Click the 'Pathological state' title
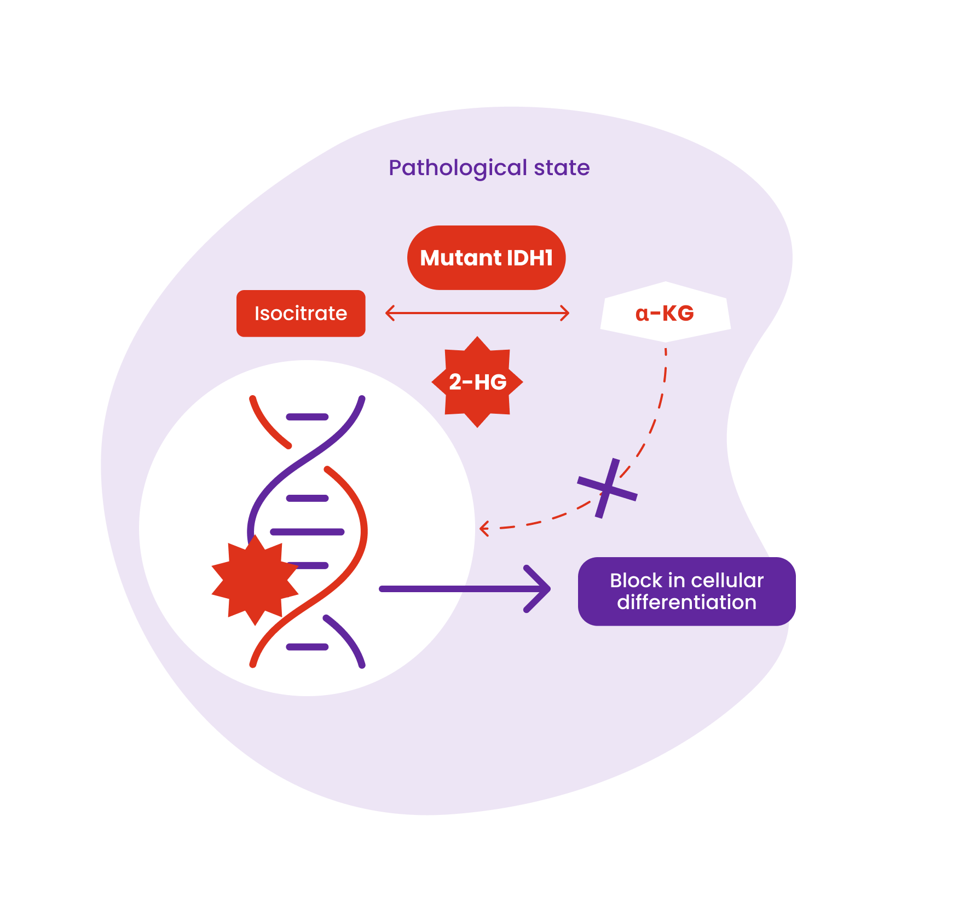pyautogui.click(x=489, y=167)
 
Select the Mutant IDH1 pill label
pyautogui.click(x=486, y=258)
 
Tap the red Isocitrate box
pyautogui.click(x=301, y=314)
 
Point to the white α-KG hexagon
pyautogui.click(x=665, y=313)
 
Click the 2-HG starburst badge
pyautogui.click(x=477, y=382)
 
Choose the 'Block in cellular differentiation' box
pyautogui.click(x=686, y=591)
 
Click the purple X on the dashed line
pyautogui.click(x=607, y=488)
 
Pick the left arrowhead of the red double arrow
pyautogui.click(x=390, y=313)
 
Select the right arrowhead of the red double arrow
pyautogui.click(x=565, y=313)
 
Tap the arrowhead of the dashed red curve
pyautogui.click(x=483, y=529)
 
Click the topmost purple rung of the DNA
pyautogui.click(x=307, y=417)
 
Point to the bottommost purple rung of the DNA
pyautogui.click(x=307, y=647)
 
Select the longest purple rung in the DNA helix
pyautogui.click(x=307, y=532)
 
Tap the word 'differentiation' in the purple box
pyautogui.click(x=686, y=603)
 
